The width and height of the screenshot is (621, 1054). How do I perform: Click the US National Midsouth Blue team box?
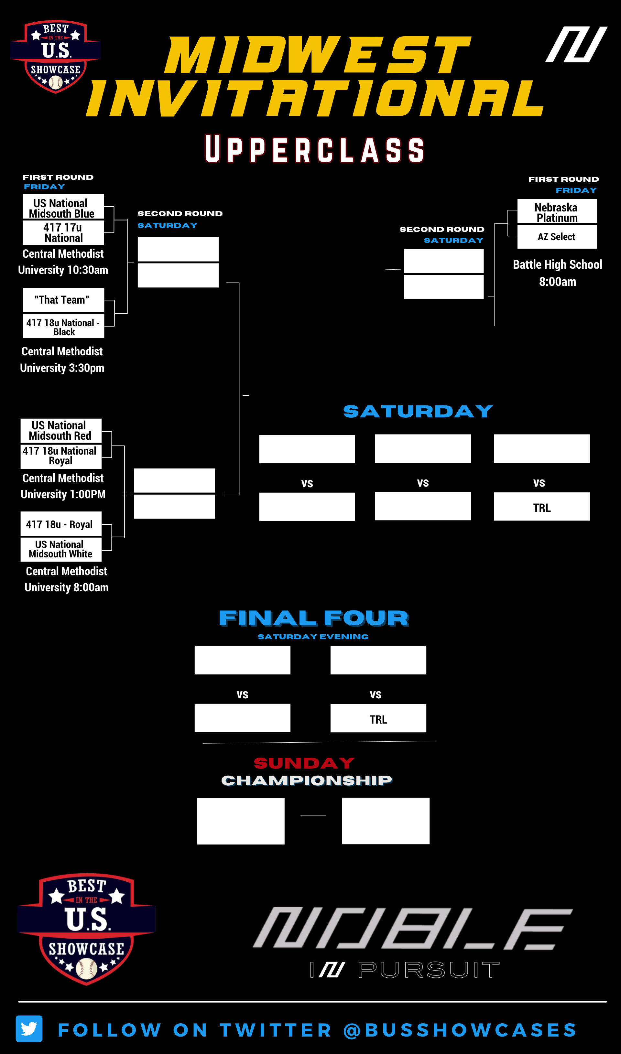coord(63,208)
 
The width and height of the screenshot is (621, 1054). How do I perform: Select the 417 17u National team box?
coord(63,232)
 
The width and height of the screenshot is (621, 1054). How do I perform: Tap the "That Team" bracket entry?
coord(63,300)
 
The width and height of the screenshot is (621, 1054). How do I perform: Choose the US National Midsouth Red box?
coord(61,430)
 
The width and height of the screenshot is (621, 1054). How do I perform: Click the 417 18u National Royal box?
coord(61,456)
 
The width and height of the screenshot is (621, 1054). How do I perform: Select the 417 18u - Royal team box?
coord(61,524)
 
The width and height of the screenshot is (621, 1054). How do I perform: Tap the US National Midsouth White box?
coord(61,549)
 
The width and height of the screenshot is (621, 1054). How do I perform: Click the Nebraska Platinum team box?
coord(557,212)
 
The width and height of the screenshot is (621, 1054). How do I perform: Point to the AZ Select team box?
coord(557,237)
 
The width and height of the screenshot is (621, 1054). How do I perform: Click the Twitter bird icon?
coord(29,1028)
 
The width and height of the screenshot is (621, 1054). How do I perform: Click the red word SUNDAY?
coord(304,763)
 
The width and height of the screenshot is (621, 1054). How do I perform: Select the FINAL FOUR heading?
coord(313,618)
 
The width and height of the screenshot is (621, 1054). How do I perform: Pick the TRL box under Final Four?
coord(378,719)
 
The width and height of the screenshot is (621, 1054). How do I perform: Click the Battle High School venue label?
coord(557,265)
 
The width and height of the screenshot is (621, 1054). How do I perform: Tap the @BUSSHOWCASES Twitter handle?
coord(460,1030)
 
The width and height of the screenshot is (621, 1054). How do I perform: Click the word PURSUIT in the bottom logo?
coord(429,970)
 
